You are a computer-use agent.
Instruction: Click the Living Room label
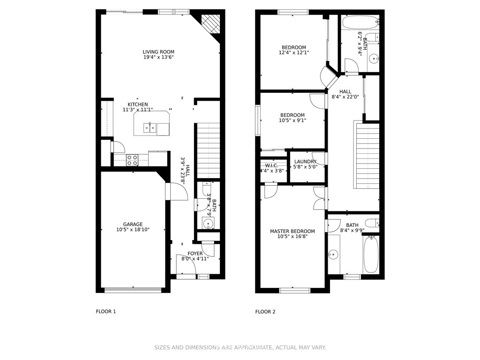[x=158, y=52]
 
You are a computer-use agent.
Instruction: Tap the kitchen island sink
[x=150, y=128]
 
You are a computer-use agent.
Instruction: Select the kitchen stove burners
[x=132, y=160]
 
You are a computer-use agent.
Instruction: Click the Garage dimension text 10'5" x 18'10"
[x=133, y=230]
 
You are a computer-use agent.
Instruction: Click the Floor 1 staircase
[x=208, y=150]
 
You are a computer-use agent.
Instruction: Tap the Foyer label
[x=195, y=254]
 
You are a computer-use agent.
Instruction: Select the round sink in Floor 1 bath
[x=208, y=223]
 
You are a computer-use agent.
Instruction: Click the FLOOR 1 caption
[x=106, y=312]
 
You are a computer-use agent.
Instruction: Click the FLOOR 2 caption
[x=265, y=312]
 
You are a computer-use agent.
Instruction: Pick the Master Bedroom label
[x=292, y=232]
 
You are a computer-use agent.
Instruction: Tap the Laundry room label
[x=305, y=162]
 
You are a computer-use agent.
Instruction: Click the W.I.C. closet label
[x=272, y=165]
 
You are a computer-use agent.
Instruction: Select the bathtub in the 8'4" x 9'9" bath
[x=371, y=255]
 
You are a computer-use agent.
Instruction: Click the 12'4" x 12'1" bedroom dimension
[x=294, y=52]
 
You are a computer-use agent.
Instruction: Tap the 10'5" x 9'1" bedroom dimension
[x=292, y=120]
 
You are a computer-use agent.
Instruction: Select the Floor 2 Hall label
[x=345, y=91]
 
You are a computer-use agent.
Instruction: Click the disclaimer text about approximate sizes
[x=240, y=347]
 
